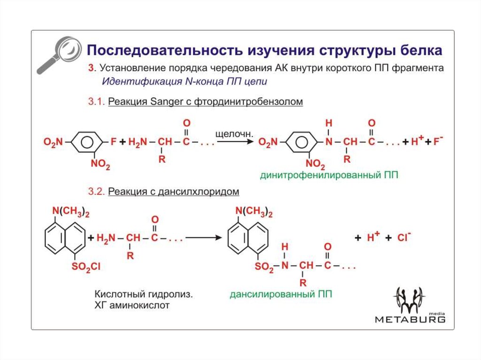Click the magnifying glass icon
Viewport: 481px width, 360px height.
click(x=60, y=54)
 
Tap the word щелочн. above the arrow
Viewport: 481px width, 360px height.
click(x=234, y=134)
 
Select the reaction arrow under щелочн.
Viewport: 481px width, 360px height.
click(x=235, y=142)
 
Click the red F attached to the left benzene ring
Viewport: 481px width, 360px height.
click(x=113, y=142)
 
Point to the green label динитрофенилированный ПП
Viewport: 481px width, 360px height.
click(x=329, y=175)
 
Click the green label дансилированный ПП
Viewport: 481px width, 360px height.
click(x=281, y=294)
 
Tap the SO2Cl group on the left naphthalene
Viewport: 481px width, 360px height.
click(x=86, y=267)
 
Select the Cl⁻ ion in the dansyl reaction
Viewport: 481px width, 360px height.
click(x=403, y=237)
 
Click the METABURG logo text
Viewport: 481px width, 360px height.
click(x=410, y=320)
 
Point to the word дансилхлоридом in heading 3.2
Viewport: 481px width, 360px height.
click(x=199, y=191)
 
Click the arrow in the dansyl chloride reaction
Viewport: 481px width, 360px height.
click(x=204, y=237)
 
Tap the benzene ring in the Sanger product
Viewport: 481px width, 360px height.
click(x=302, y=142)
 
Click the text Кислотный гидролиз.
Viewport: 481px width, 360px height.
click(x=144, y=294)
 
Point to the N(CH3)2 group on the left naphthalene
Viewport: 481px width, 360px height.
click(x=70, y=211)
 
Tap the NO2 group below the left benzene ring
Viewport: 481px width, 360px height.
click(x=101, y=164)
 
